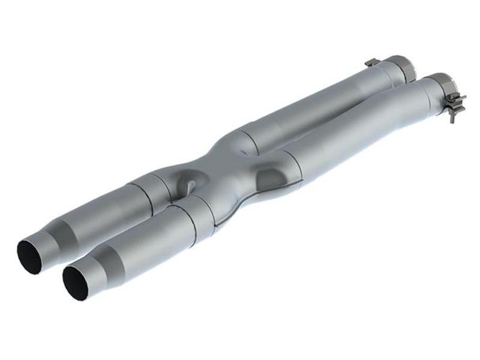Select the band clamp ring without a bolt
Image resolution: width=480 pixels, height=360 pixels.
pyautogui.click(x=400, y=67)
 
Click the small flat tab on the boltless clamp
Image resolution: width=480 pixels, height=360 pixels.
pyautogui.click(x=372, y=62)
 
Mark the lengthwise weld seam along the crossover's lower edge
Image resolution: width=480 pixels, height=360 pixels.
pyautogui.click(x=240, y=210)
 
